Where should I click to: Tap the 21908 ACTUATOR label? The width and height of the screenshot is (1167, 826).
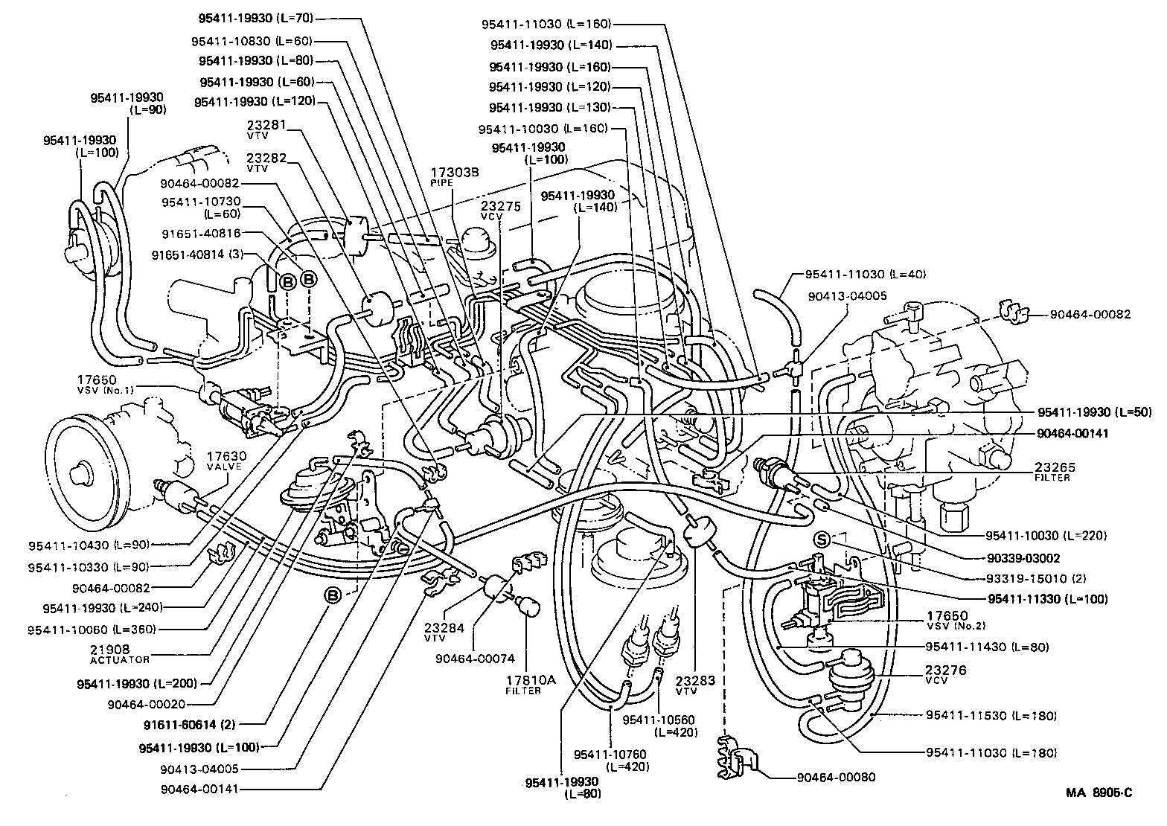tap(120, 653)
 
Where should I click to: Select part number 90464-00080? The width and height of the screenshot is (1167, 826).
tap(836, 778)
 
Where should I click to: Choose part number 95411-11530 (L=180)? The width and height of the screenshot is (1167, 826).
tap(991, 715)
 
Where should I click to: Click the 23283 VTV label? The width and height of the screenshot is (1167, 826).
tap(696, 685)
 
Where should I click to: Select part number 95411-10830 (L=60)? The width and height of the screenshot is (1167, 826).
tap(251, 41)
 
